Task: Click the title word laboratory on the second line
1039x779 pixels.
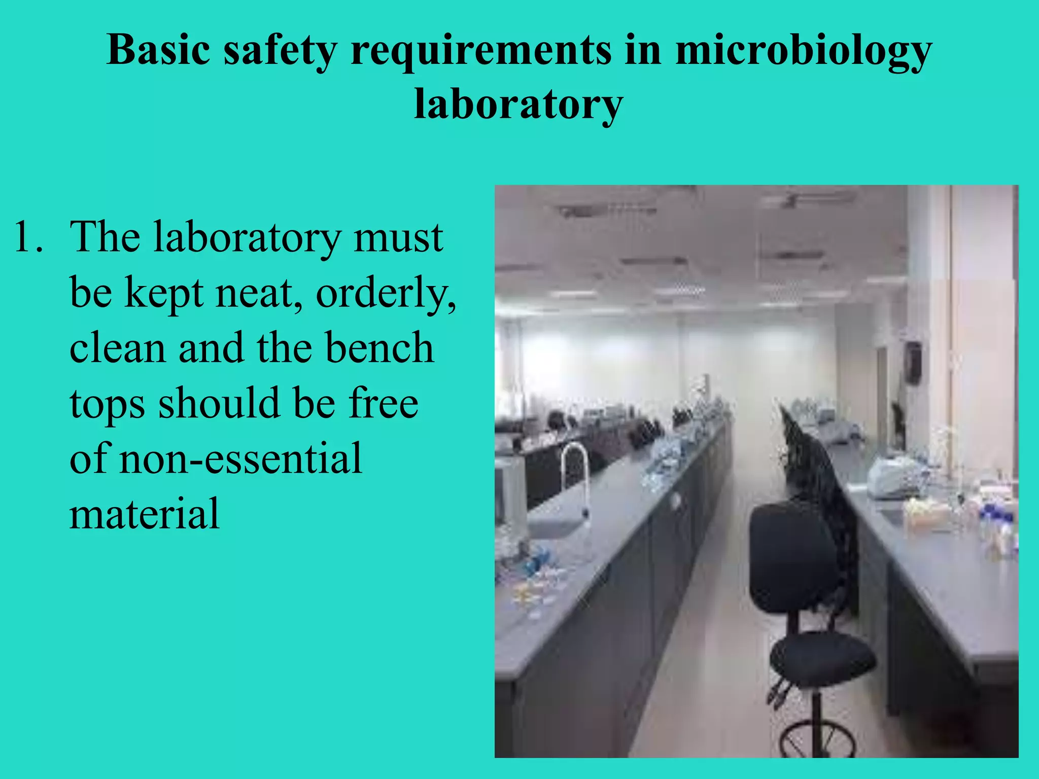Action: coord(518,104)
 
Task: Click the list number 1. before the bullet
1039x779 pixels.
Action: coord(28,237)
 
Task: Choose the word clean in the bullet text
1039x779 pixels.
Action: coord(117,348)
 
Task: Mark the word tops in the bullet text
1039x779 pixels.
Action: coord(107,404)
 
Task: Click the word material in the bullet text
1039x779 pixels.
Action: coord(145,514)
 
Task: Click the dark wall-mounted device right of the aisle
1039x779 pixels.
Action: coord(913,362)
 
